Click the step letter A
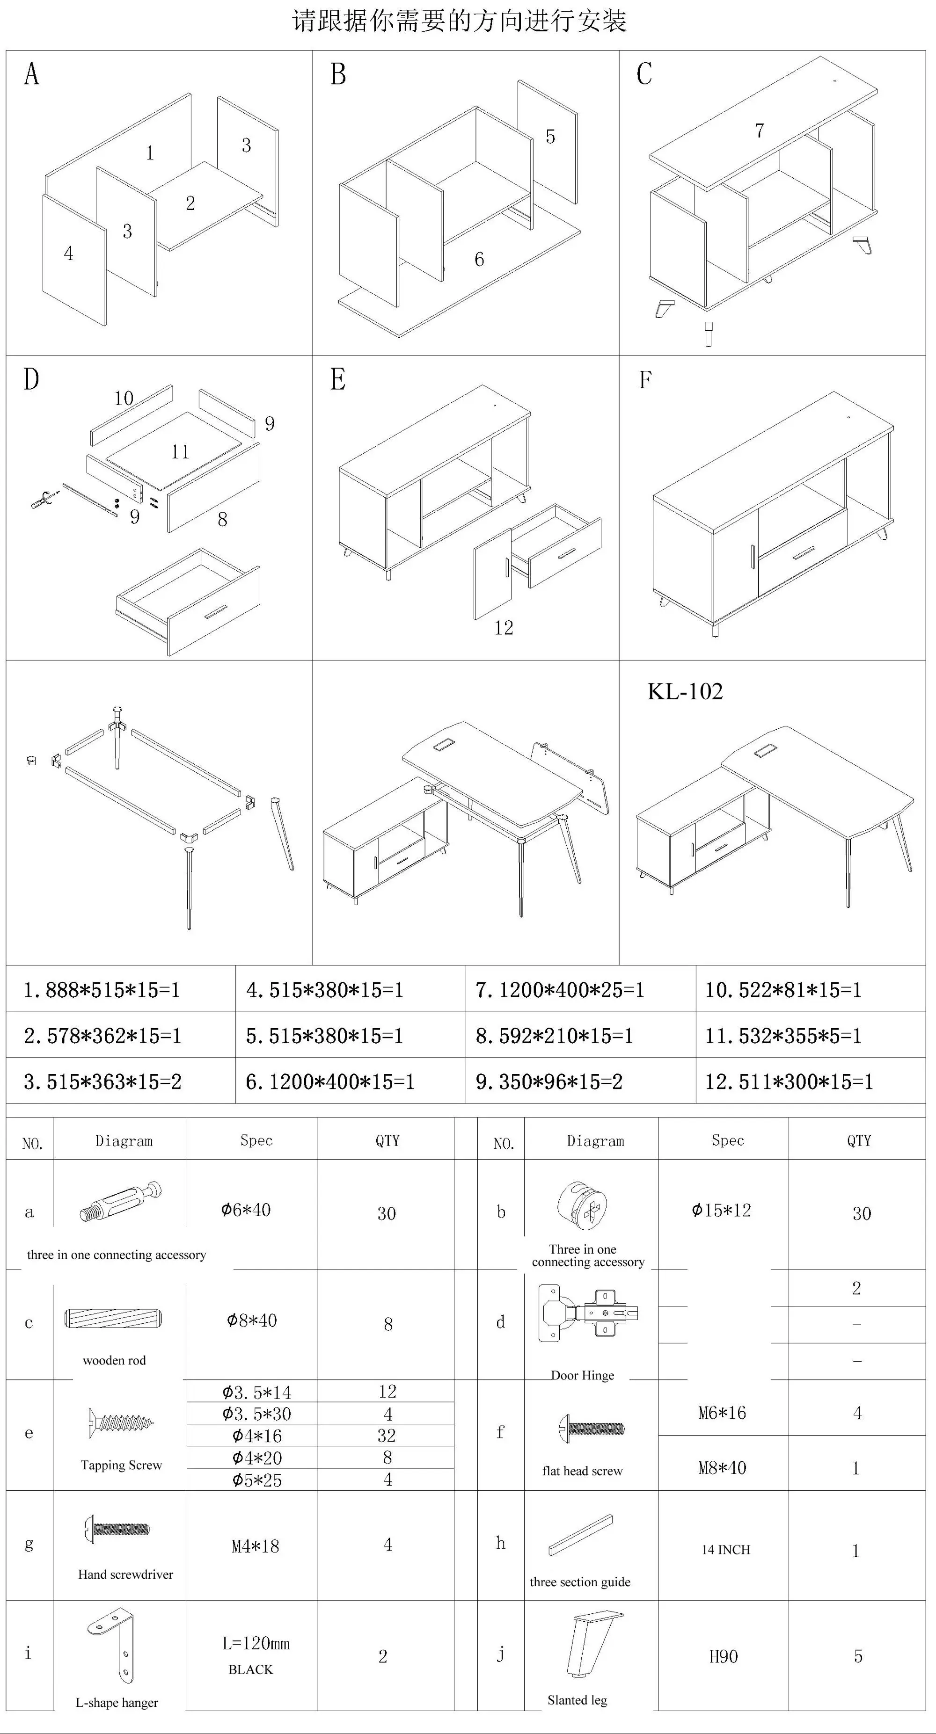click(32, 74)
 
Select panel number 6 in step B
click(479, 260)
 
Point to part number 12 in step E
click(504, 628)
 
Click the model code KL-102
click(685, 691)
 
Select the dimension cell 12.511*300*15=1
click(789, 1082)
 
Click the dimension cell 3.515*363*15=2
click(103, 1082)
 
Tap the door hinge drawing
click(588, 1313)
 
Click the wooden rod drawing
click(114, 1318)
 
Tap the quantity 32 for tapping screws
click(387, 1436)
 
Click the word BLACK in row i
click(250, 1669)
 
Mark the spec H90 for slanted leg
click(723, 1657)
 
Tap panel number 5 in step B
click(550, 137)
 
